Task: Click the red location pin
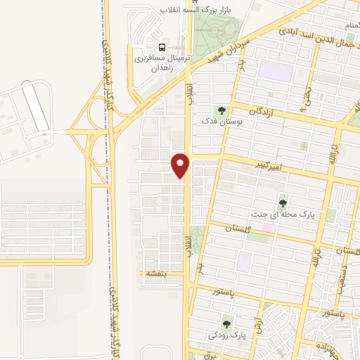click(181, 165)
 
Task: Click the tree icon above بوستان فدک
click(222, 111)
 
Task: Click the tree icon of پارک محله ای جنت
click(283, 204)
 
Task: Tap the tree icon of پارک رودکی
click(226, 325)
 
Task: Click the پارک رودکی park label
click(228, 337)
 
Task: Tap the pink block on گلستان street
click(268, 228)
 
